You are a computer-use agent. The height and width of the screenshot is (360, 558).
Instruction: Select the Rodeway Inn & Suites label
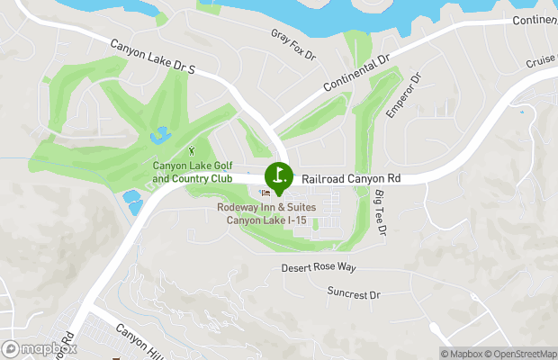coord(269,213)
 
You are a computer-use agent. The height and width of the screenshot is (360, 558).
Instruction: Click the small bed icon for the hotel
coord(265,193)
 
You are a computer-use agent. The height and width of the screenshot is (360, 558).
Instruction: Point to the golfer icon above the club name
coord(192,150)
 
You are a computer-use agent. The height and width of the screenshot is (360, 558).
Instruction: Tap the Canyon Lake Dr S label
coord(153,57)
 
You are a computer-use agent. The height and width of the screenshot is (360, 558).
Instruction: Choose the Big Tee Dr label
coord(381,214)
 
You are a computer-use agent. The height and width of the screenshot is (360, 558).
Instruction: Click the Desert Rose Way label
coord(319,268)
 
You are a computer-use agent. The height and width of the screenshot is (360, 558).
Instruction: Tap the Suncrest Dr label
coord(354,294)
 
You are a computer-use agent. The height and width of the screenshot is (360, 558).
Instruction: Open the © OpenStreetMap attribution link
coord(521,354)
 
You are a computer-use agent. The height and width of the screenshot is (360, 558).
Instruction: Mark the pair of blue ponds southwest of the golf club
coord(132,201)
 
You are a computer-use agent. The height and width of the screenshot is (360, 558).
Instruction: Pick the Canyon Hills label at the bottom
coord(142,343)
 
